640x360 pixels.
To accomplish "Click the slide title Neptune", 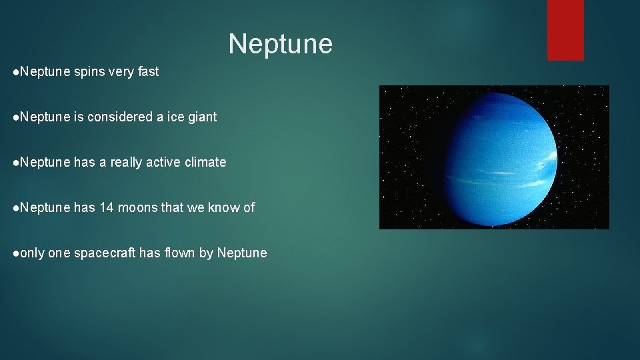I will click(280, 44).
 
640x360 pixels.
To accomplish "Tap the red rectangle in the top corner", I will click(565, 30).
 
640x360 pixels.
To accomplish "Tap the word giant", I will click(202, 117).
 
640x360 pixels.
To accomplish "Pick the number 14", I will click(107, 207).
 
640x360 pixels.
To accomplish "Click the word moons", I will click(138, 207).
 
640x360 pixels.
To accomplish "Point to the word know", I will click(225, 207).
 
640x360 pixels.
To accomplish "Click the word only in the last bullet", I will click(33, 253).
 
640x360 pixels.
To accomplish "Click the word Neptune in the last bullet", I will click(242, 253).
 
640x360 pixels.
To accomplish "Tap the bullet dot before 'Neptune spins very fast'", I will click(16, 72).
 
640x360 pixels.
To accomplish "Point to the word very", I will click(121, 72).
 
